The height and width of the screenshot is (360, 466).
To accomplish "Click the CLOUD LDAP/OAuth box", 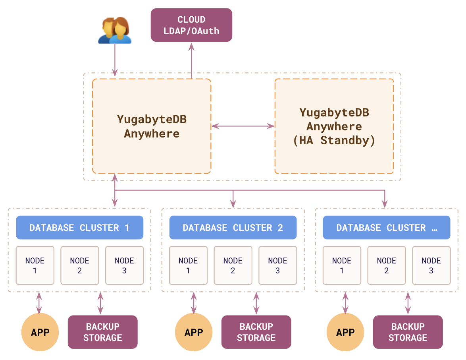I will (191, 25).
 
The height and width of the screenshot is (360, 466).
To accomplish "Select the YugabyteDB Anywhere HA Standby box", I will (334, 126).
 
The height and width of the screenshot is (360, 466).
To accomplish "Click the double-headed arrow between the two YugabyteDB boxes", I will (243, 126).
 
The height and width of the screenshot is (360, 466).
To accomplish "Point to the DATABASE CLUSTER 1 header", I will (79, 228).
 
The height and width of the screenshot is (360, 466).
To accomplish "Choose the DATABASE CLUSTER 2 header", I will (233, 228).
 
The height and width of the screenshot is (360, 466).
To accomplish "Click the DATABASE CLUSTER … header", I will (386, 228).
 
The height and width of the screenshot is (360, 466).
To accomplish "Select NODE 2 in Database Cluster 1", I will (79, 265).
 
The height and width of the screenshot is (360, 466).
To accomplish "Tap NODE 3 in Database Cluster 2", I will (277, 265).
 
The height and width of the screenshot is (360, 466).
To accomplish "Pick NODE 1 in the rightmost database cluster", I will (342, 265).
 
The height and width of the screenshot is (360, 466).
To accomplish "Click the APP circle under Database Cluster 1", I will (40, 332).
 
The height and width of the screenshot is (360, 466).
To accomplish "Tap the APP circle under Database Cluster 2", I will (194, 332).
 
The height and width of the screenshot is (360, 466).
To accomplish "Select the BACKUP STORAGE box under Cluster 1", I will (103, 332).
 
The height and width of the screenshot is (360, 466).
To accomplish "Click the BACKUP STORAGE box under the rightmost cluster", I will (408, 332).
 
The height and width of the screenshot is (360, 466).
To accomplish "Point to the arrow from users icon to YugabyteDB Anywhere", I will (115, 60).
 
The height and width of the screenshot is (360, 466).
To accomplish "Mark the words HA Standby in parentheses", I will (334, 141).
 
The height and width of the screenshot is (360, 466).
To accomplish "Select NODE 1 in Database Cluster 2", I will (188, 265).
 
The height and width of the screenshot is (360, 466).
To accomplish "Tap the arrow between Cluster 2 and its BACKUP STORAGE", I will (256, 303).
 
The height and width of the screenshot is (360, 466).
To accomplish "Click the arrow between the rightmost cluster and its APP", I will (345, 303).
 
